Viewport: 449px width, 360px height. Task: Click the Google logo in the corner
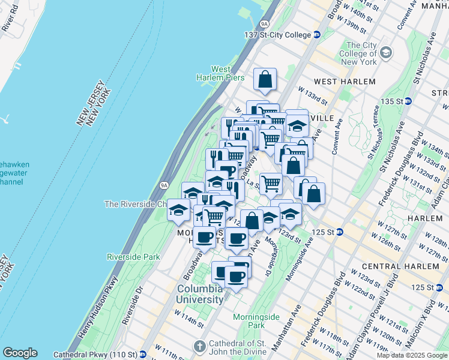pos(20,353)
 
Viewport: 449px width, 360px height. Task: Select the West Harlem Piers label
pos(220,73)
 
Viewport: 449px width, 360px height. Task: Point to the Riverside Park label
pos(133,257)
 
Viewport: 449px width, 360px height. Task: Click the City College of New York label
pos(361,53)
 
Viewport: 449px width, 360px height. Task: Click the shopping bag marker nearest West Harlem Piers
pos(264,79)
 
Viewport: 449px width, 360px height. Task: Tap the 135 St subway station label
pos(414,101)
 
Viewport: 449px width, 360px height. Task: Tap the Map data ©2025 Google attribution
pos(412,355)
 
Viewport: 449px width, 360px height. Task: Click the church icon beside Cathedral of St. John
pos(200,347)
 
